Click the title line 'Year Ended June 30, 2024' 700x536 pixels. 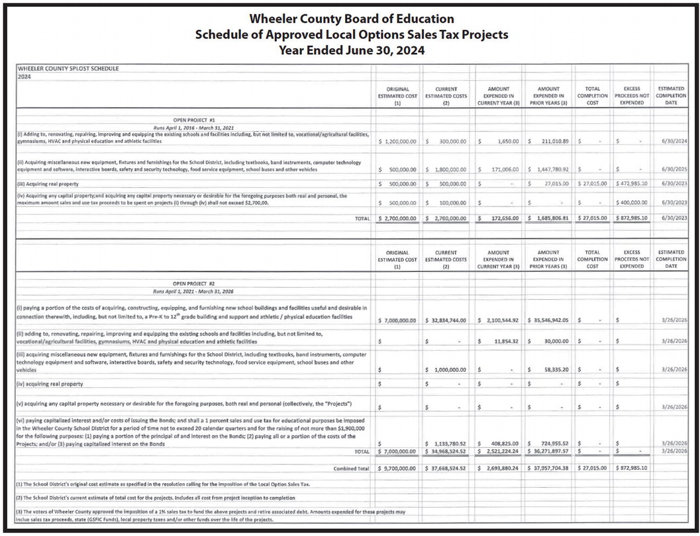tap(351, 50)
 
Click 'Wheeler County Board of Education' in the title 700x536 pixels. tap(351, 19)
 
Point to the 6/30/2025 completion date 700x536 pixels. tap(672, 169)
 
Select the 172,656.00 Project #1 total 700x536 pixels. tap(502, 218)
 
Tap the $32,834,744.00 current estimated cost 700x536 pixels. tap(448, 320)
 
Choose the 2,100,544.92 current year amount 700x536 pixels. tap(501, 320)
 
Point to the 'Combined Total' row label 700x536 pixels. tap(351, 468)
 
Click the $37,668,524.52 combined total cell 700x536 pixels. tap(448, 468)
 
